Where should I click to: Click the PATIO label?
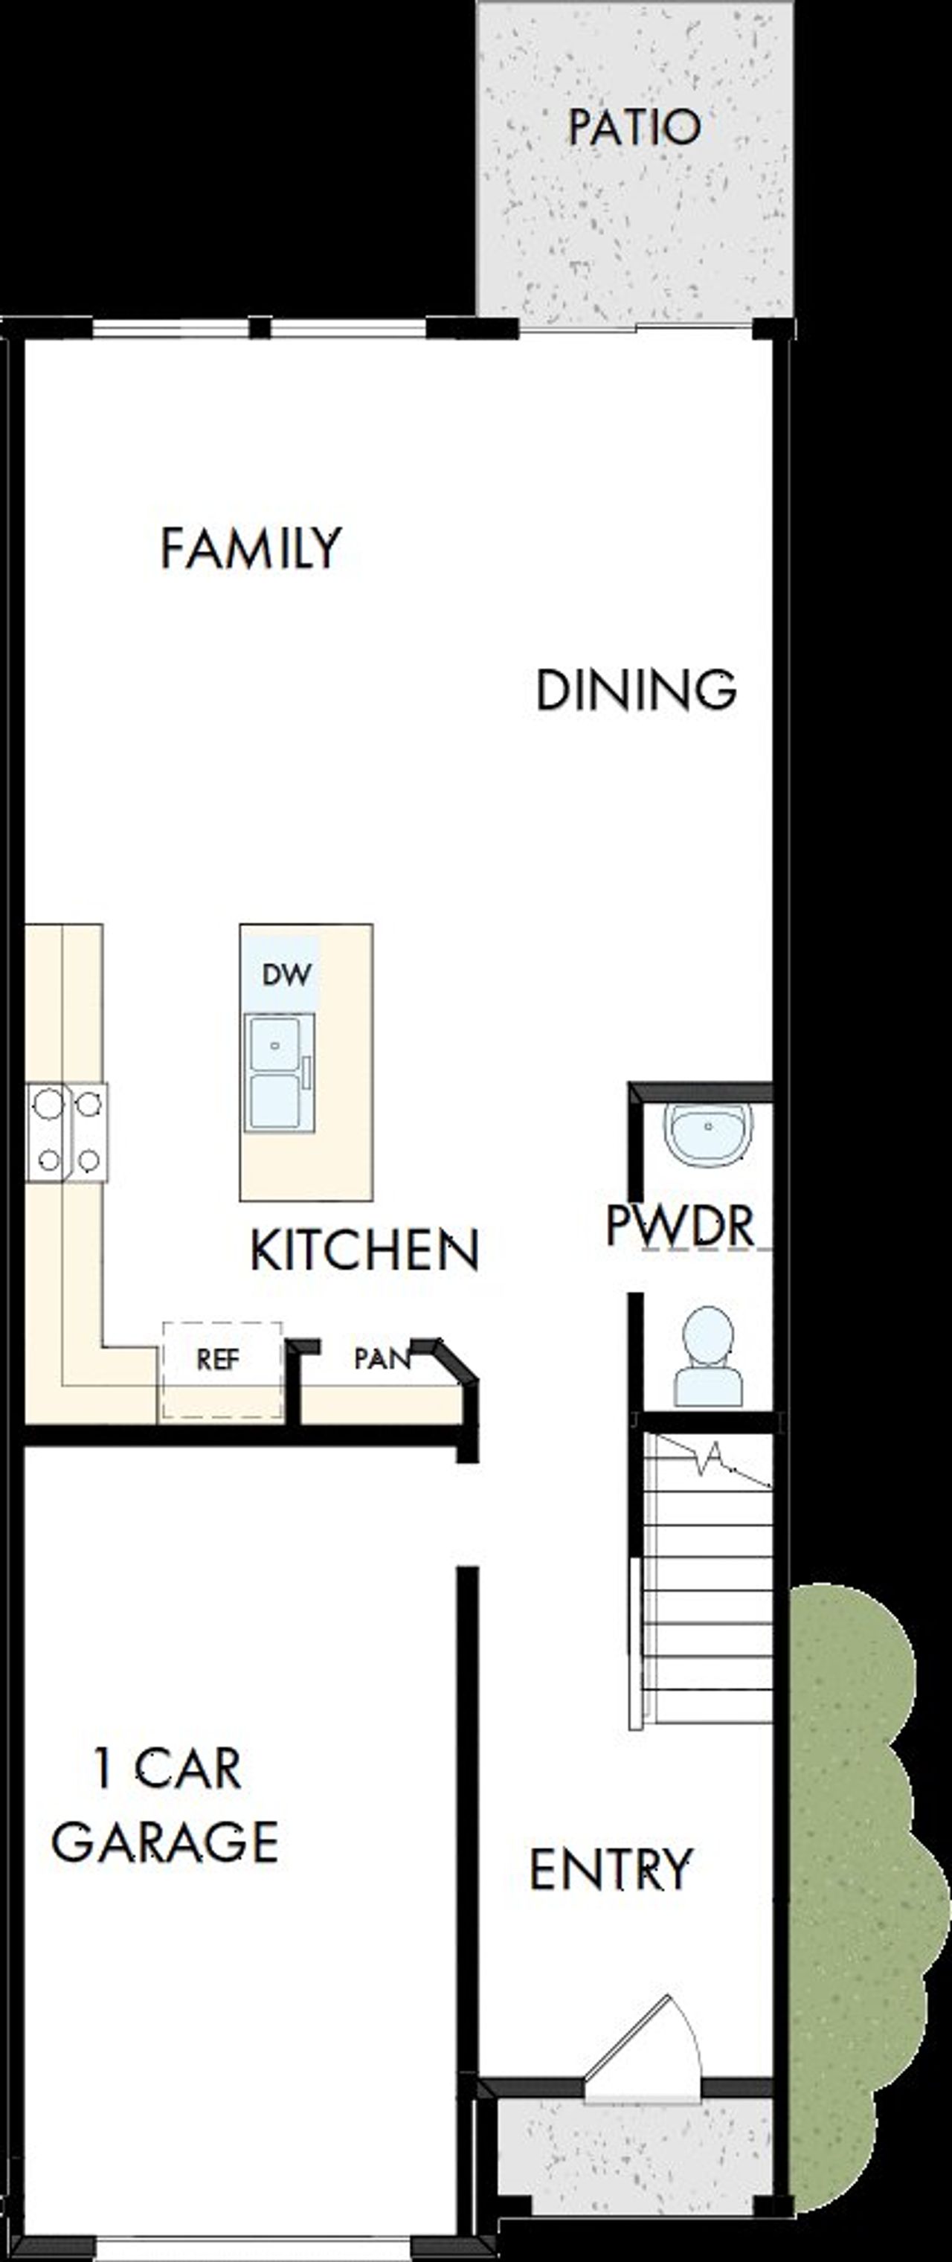[634, 127]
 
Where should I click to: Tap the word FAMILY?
[251, 549]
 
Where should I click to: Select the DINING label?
[636, 690]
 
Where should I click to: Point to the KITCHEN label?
[364, 1250]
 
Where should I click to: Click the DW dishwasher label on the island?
[286, 974]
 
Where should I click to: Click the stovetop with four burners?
[68, 1132]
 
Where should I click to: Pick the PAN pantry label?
[381, 1358]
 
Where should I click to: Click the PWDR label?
[681, 1225]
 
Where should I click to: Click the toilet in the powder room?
[708, 1357]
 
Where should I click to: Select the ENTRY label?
[611, 1869]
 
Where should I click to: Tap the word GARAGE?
[165, 1842]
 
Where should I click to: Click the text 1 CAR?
[167, 1769]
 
